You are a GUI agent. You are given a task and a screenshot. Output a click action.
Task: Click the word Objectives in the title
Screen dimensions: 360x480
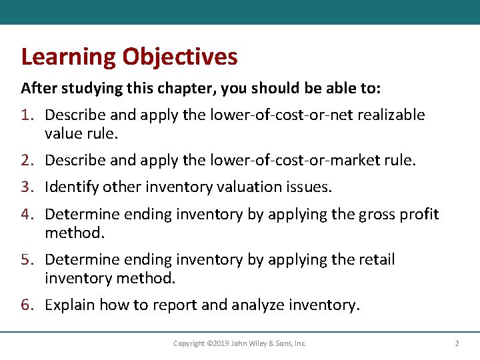[x=179, y=57]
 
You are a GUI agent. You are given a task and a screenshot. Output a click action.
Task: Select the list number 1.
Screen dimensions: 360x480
[x=27, y=115]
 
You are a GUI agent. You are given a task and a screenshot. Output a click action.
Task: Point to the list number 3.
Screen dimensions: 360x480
[x=27, y=187]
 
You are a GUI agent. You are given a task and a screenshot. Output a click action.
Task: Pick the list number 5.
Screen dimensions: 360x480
[x=27, y=259]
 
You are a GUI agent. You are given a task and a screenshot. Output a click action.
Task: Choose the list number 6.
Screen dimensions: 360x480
[x=27, y=305]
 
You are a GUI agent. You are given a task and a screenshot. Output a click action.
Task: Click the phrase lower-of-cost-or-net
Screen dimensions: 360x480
[x=281, y=115]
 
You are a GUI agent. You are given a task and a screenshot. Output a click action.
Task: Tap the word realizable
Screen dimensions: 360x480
[x=391, y=115]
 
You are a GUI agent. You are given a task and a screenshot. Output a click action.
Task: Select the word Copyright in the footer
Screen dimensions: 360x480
[x=189, y=344]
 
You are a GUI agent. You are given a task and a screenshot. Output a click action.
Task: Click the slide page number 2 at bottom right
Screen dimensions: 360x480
[x=457, y=344]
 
